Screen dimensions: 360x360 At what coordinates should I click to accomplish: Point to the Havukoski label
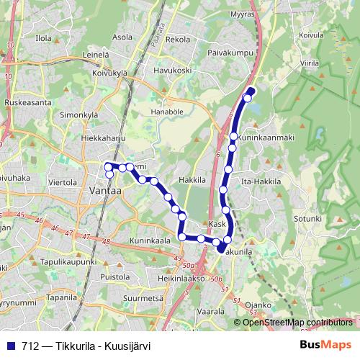click(173, 71)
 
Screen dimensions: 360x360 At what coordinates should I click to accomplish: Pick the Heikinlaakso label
click(181, 277)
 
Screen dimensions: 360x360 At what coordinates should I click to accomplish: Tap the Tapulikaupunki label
click(69, 262)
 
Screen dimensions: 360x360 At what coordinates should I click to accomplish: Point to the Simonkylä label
click(78, 114)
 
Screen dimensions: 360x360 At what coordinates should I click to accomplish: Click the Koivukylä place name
click(109, 72)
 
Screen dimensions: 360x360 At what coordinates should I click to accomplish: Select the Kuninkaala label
click(150, 240)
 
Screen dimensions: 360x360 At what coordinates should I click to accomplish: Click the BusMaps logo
click(325, 345)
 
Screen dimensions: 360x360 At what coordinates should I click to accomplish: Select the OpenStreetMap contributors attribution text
click(297, 323)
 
